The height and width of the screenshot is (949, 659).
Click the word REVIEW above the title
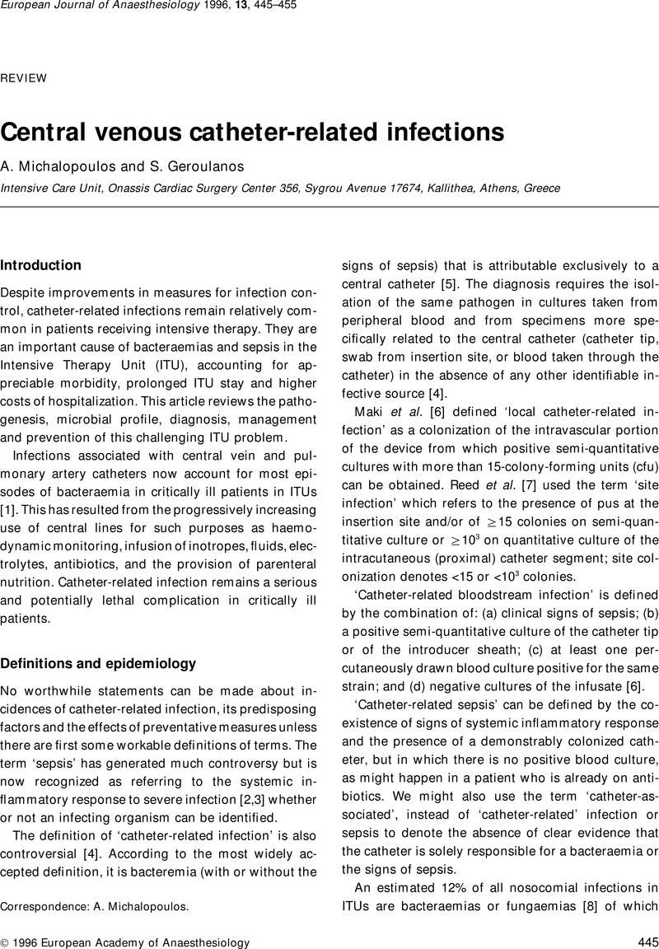click(23, 78)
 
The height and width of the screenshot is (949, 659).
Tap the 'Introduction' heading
click(41, 265)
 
